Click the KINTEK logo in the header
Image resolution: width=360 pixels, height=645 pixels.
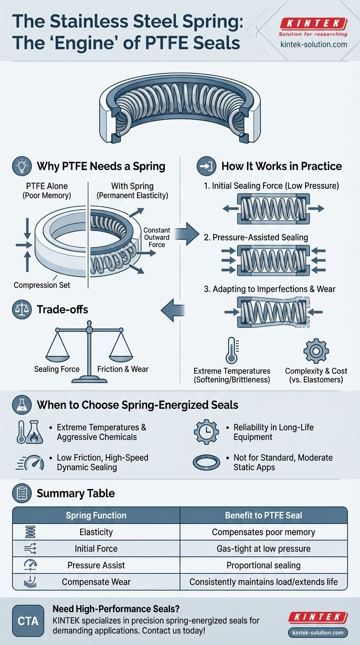(313, 24)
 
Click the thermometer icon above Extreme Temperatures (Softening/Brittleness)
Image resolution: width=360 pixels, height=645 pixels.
(231, 350)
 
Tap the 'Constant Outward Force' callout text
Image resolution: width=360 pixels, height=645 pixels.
(157, 237)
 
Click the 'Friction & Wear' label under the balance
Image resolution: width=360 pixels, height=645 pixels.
(123, 369)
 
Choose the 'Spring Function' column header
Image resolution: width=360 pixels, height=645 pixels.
(96, 515)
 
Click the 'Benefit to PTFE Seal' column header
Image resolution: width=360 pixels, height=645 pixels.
(263, 515)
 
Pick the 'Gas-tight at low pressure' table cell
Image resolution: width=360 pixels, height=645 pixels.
(263, 548)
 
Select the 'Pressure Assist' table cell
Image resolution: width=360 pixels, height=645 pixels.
(96, 565)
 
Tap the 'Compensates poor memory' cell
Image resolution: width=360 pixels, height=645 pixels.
(263, 532)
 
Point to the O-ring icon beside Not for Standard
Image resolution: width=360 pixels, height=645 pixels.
(206, 462)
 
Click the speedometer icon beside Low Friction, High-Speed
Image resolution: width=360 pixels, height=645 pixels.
(31, 463)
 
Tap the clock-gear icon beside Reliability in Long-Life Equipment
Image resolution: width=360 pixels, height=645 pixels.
(206, 432)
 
